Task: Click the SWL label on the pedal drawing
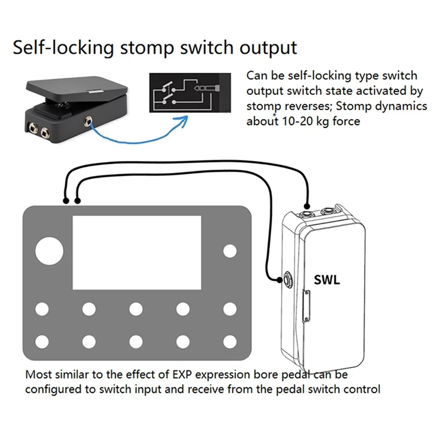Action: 327,279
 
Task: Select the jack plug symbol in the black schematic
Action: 207,87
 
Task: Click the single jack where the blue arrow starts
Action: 87,119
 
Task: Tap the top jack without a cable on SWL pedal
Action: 329,210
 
